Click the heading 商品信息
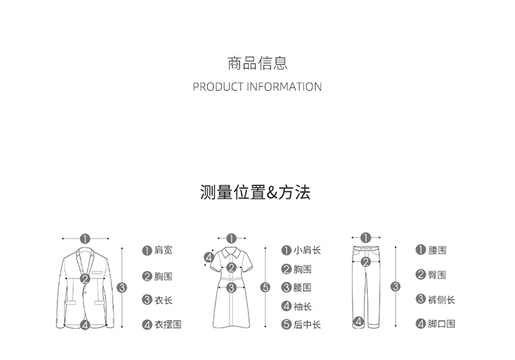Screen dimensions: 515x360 point(257,63)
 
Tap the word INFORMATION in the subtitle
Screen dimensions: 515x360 point(284,87)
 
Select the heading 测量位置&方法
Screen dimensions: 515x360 point(256,192)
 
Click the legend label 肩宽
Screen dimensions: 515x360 point(164,250)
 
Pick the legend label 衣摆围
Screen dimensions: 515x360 point(168,325)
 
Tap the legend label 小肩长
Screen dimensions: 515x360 point(307,250)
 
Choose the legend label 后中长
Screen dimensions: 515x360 point(307,325)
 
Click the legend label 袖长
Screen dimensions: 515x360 point(302,307)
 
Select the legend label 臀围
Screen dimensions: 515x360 point(437,275)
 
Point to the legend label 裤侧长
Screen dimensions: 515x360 point(442,300)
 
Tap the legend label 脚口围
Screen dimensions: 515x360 point(442,324)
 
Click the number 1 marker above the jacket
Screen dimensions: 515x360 point(85,239)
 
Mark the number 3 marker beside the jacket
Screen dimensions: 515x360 point(122,287)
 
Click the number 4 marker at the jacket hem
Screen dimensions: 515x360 point(85,325)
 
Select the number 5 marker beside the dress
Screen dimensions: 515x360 point(265,287)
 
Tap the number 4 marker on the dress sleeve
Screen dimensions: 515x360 point(209,258)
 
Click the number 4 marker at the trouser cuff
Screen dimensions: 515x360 point(359,321)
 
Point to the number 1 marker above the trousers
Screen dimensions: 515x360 point(365,238)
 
